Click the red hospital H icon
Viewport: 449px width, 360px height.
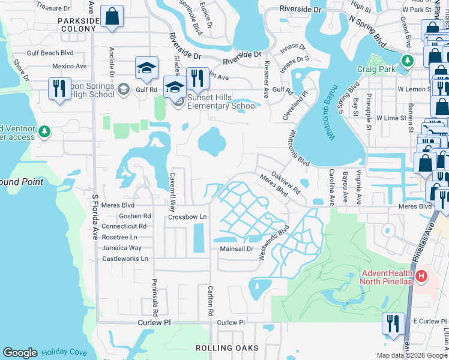coord(422,277)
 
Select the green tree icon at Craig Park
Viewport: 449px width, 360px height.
coord(408,61)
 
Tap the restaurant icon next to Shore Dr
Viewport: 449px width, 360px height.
coord(59,88)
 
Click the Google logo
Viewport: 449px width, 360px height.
coord(20,353)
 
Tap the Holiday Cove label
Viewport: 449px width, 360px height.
coord(64,353)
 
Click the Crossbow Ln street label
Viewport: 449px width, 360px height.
coord(187,217)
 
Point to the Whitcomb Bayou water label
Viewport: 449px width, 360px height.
coord(328,113)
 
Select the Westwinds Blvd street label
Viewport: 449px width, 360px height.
coord(274,242)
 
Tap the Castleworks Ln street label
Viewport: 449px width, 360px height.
coord(125,259)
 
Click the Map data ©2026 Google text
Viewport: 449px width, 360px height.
coord(411,355)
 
